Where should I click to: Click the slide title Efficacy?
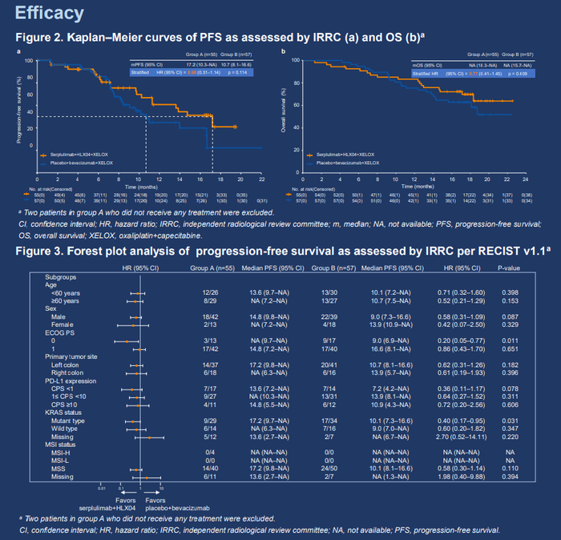pos(49,14)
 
